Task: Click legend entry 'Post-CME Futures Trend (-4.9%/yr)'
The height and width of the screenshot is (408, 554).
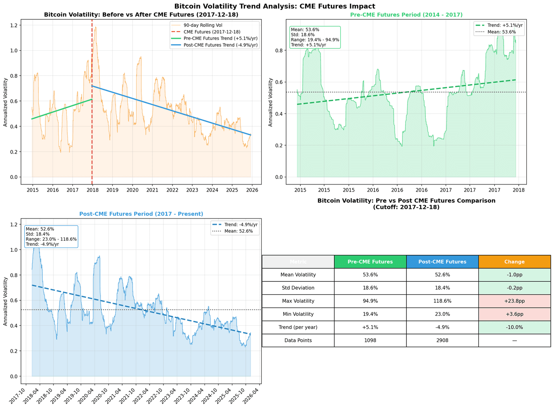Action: click(220, 45)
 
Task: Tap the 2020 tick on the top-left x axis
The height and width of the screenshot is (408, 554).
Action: click(132, 190)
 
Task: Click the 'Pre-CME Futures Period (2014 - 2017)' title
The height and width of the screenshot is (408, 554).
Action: click(406, 15)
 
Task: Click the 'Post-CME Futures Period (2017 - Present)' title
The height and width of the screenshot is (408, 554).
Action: click(141, 214)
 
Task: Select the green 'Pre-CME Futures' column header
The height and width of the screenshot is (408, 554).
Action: click(370, 262)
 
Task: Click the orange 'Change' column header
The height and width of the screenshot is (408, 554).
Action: click(514, 262)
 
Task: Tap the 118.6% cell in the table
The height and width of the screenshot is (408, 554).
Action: click(442, 301)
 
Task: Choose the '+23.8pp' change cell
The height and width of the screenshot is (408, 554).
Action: click(514, 301)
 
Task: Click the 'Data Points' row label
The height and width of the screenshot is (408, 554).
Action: click(298, 340)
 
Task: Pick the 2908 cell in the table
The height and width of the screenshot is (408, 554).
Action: click(442, 340)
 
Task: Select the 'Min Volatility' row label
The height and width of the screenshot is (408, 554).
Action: click(298, 314)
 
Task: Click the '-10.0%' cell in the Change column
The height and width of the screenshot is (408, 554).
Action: click(514, 327)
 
